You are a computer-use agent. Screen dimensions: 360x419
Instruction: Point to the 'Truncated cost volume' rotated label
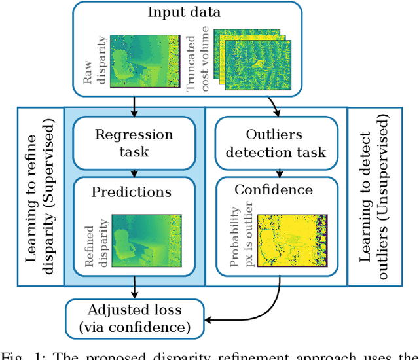pos(200,59)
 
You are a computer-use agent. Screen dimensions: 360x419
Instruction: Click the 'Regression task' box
pos(134,143)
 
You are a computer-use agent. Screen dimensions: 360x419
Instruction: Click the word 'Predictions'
pos(131,192)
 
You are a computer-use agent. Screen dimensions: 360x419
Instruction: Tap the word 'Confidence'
pos(274,190)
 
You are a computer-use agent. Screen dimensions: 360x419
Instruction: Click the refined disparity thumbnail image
pos(145,240)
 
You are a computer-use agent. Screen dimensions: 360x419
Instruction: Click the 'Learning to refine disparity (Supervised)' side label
pos(41,196)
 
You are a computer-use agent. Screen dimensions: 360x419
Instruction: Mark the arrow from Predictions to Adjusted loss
pos(134,289)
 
